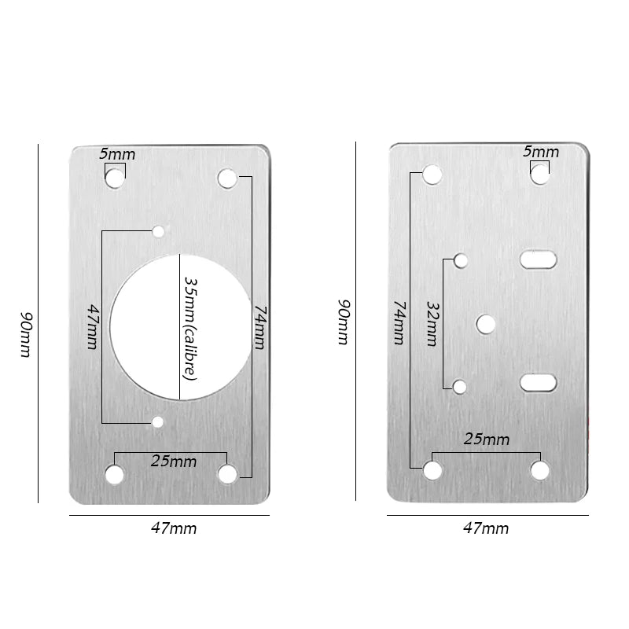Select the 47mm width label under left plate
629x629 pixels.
pos(174,528)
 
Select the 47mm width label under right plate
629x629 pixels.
pos(486,528)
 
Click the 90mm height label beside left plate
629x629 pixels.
pos(26,334)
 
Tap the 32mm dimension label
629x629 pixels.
pos(432,323)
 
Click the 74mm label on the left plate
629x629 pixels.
pos(259,326)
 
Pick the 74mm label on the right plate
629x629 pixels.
pos(399,322)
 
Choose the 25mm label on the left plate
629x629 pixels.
pos(174,462)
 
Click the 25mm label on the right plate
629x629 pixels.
pos(487,439)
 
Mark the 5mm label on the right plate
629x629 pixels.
pos(541,152)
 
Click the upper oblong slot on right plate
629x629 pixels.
pos(539,259)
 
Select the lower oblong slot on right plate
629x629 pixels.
pos(539,383)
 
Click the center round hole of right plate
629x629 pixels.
pos(486,323)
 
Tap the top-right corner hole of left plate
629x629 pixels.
pos(227,178)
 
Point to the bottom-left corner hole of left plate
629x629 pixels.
pos(115,474)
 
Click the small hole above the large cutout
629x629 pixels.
pos(158,231)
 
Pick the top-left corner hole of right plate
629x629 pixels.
pos(432,175)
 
